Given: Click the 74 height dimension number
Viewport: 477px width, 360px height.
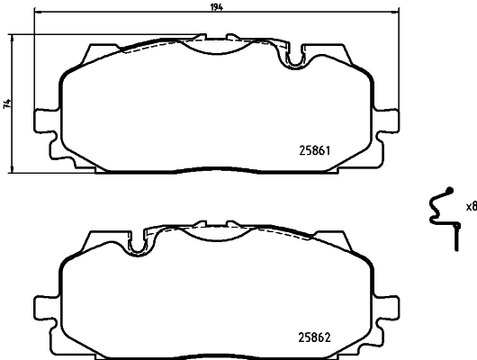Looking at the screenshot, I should (6, 104).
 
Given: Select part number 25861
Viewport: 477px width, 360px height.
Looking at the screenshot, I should (316, 150).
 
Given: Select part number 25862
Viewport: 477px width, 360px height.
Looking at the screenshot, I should (316, 338).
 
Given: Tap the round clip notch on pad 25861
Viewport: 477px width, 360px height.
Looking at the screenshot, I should (293, 60).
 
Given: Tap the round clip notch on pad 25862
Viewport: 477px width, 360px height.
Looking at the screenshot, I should (139, 243).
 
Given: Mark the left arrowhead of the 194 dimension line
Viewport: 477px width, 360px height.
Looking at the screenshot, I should (36, 13).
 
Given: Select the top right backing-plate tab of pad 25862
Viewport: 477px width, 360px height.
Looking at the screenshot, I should (343, 239).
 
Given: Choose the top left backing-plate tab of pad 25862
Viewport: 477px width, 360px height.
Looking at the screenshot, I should (90, 239).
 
